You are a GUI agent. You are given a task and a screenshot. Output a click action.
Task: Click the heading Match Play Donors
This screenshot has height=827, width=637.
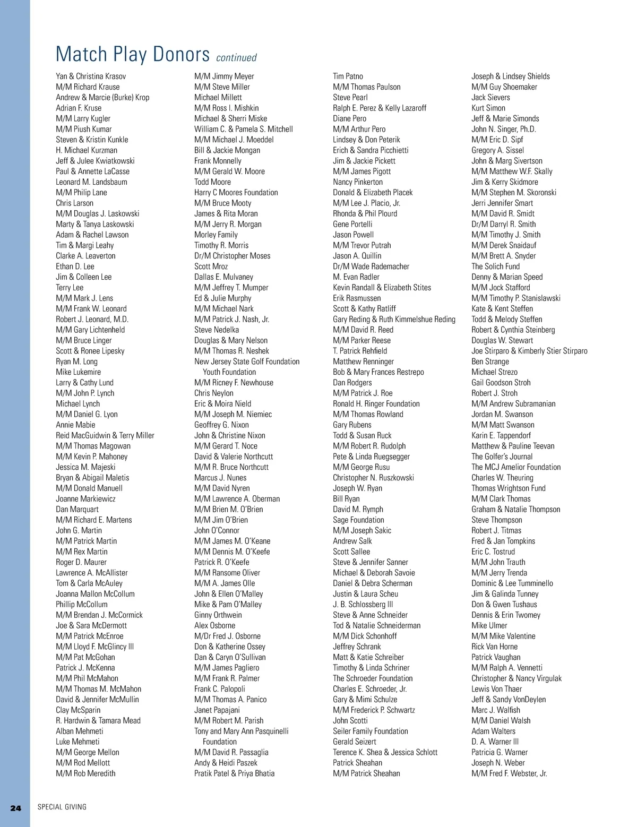click(x=133, y=54)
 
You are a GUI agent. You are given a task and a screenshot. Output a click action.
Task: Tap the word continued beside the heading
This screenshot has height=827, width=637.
click(x=236, y=57)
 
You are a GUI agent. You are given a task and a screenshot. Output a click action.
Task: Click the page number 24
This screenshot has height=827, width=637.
click(x=16, y=808)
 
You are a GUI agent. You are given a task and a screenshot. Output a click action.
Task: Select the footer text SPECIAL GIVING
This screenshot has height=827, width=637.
click(x=62, y=807)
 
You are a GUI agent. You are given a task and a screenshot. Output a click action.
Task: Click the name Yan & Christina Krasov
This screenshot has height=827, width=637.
click(x=91, y=76)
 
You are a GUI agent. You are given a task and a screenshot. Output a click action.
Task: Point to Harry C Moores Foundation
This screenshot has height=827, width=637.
click(x=236, y=193)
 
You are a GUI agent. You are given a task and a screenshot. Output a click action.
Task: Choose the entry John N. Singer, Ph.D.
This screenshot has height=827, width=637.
click(x=503, y=129)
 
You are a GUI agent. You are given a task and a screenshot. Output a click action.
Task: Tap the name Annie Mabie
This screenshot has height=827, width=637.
click(x=75, y=425)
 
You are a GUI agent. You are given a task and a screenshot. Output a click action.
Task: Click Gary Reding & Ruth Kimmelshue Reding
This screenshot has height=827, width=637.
click(x=394, y=320)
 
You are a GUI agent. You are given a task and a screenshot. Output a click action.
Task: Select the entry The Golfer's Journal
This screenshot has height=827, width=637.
click(x=502, y=456)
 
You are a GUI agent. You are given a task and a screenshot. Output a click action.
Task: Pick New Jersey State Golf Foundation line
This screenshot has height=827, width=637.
click(x=247, y=361)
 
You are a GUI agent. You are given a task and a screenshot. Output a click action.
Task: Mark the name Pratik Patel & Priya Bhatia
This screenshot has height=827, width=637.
click(x=234, y=773)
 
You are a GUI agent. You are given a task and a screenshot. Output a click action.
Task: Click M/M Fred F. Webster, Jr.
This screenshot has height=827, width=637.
click(x=509, y=773)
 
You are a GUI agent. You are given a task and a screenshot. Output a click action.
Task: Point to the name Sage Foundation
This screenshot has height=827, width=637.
click(x=358, y=520)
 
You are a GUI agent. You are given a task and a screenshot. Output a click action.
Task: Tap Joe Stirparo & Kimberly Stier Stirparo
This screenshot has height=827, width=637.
click(x=529, y=351)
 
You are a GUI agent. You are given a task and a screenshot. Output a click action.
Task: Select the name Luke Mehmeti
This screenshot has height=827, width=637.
click(x=78, y=742)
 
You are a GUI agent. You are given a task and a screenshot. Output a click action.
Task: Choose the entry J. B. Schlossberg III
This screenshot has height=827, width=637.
click(x=363, y=605)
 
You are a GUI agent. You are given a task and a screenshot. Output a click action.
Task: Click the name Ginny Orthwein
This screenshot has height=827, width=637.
click(x=218, y=615)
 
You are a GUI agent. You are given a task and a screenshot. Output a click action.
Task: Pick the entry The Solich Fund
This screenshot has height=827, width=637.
click(x=495, y=266)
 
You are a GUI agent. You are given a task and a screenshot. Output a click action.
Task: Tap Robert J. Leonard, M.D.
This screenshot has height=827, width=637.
click(x=92, y=320)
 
